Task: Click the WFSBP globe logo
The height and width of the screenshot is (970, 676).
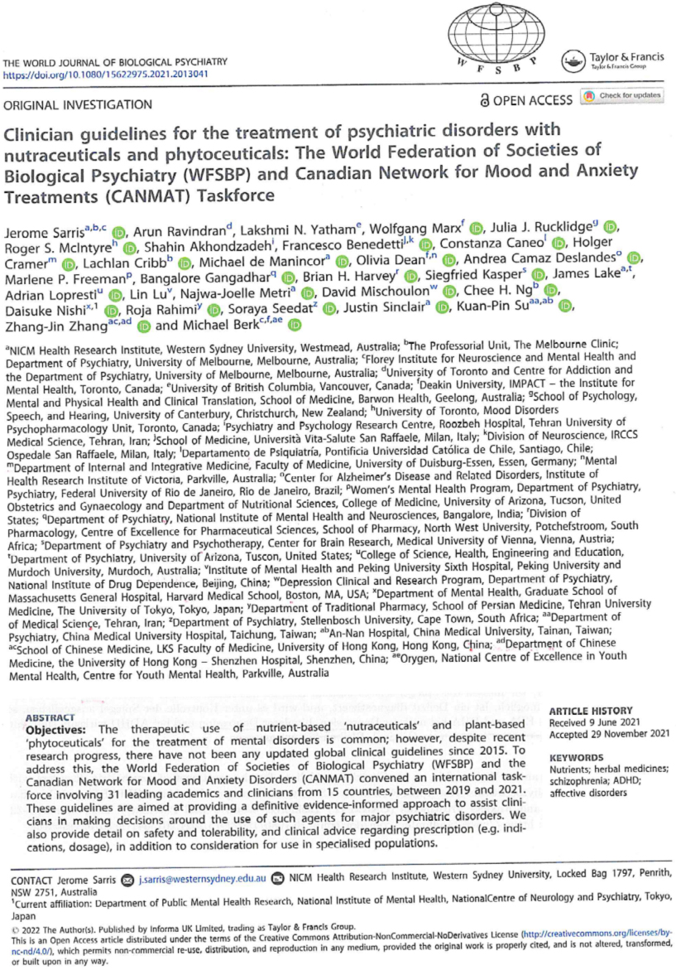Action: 495,44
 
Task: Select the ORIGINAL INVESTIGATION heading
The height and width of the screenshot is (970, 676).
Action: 79,105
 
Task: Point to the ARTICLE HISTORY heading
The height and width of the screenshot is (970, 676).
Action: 592,711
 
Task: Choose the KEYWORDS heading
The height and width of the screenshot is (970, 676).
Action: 578,757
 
